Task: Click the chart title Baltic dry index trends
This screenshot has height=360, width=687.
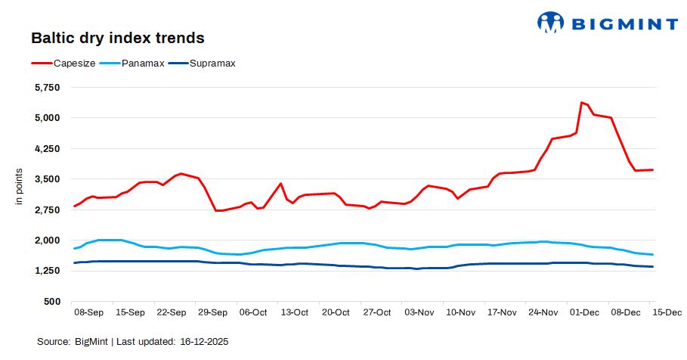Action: pos(118,37)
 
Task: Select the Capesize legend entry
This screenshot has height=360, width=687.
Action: pos(74,63)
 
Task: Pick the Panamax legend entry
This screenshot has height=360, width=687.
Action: pos(143,63)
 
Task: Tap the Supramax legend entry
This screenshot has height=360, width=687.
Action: pos(211,63)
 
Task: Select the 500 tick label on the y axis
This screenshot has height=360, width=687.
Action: pos(51,301)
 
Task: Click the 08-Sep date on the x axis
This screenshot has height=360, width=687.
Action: pos(88,312)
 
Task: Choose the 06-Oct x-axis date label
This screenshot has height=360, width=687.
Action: pos(252,312)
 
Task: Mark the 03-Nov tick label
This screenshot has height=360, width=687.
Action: pos(419,312)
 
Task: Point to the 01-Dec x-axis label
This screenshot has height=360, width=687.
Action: pos(584,312)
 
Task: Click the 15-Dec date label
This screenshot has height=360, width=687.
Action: pos(667,312)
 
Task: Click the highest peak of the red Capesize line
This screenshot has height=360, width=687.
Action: pos(581,102)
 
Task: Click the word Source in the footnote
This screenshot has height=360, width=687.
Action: pos(54,342)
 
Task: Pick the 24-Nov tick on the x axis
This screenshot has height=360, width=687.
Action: pos(543,312)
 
